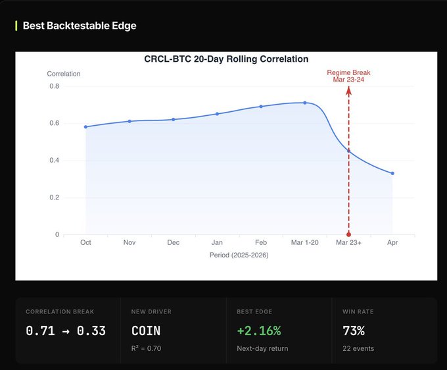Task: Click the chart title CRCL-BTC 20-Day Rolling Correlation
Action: click(x=226, y=59)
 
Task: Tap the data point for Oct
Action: click(x=86, y=127)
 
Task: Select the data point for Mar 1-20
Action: click(x=305, y=103)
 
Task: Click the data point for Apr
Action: click(x=392, y=173)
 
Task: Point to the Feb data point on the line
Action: click(x=261, y=107)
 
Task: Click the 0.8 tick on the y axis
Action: click(x=54, y=86)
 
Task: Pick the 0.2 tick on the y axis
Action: click(x=54, y=198)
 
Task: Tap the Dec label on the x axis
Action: click(x=174, y=242)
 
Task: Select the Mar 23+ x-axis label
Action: click(x=348, y=242)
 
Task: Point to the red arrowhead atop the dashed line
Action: click(x=348, y=90)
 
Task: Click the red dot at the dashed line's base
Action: click(x=348, y=234)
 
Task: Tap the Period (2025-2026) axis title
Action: click(x=239, y=255)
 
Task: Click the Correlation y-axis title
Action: click(x=64, y=74)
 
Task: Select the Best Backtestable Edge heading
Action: click(x=80, y=26)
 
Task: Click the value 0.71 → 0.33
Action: click(x=66, y=331)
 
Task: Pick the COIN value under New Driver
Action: click(x=146, y=331)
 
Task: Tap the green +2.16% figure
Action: click(x=259, y=331)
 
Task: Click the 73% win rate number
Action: click(x=354, y=331)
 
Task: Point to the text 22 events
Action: click(x=358, y=348)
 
